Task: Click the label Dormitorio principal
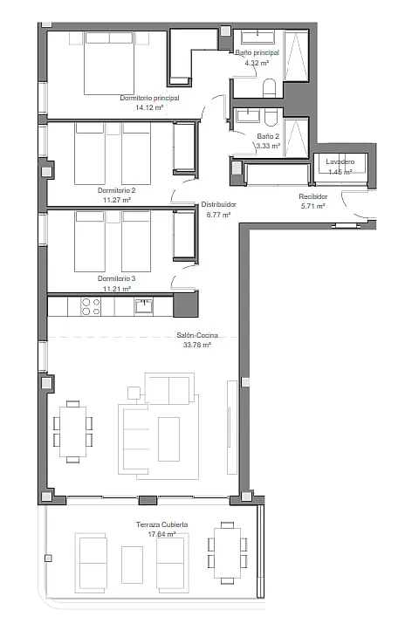click(149, 98)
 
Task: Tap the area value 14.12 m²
click(149, 107)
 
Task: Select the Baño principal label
click(257, 52)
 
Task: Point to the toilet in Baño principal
click(269, 88)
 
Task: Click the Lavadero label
click(340, 161)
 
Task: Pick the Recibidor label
click(313, 196)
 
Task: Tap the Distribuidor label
click(218, 204)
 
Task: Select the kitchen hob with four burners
click(91, 306)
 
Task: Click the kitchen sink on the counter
click(143, 305)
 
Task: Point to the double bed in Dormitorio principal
click(109, 64)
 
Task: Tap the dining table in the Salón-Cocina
click(72, 432)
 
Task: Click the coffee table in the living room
click(168, 439)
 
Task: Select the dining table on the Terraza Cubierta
click(228, 553)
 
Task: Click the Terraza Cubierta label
click(162, 524)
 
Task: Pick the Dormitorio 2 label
click(116, 190)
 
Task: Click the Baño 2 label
click(268, 136)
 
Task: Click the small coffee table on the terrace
click(132, 565)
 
